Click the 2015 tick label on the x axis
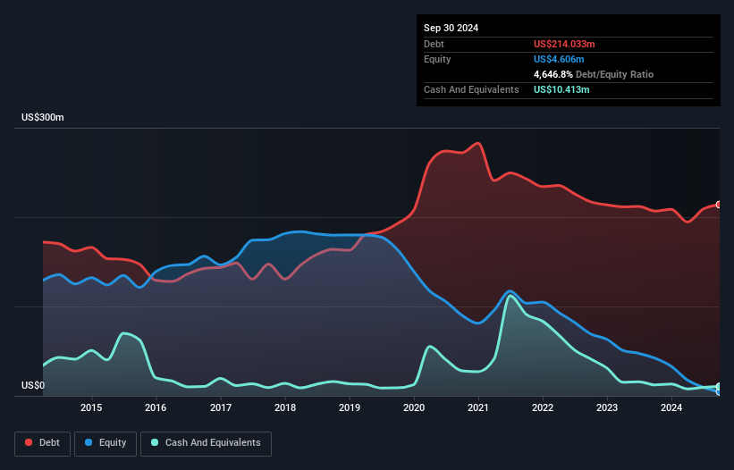(x=91, y=408)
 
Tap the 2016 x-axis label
(x=156, y=408)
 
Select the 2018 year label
(x=285, y=408)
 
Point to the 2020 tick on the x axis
(x=414, y=408)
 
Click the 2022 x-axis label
(x=543, y=408)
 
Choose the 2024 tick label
(x=671, y=408)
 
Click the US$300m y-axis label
(x=43, y=118)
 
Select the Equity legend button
(x=106, y=443)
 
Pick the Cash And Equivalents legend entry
(x=206, y=443)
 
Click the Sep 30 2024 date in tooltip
(x=451, y=28)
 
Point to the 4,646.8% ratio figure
(x=555, y=74)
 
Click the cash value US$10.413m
(x=562, y=89)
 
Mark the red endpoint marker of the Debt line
(x=719, y=205)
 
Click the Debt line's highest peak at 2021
(x=479, y=143)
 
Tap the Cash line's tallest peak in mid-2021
(x=510, y=296)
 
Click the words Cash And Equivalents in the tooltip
(x=471, y=89)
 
